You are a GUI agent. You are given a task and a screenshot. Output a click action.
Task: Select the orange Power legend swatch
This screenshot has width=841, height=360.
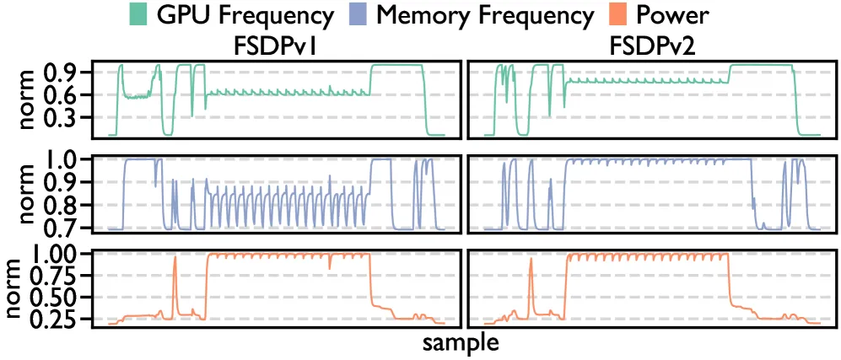click(619, 15)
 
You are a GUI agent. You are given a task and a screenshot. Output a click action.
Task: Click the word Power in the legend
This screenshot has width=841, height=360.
click(672, 15)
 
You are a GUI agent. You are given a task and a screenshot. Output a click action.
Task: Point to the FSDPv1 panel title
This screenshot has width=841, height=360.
click(275, 48)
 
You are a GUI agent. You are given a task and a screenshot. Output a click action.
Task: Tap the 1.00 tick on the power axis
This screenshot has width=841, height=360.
click(67, 254)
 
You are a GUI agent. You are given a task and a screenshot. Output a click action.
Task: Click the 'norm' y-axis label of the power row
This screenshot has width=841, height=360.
click(30, 287)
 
